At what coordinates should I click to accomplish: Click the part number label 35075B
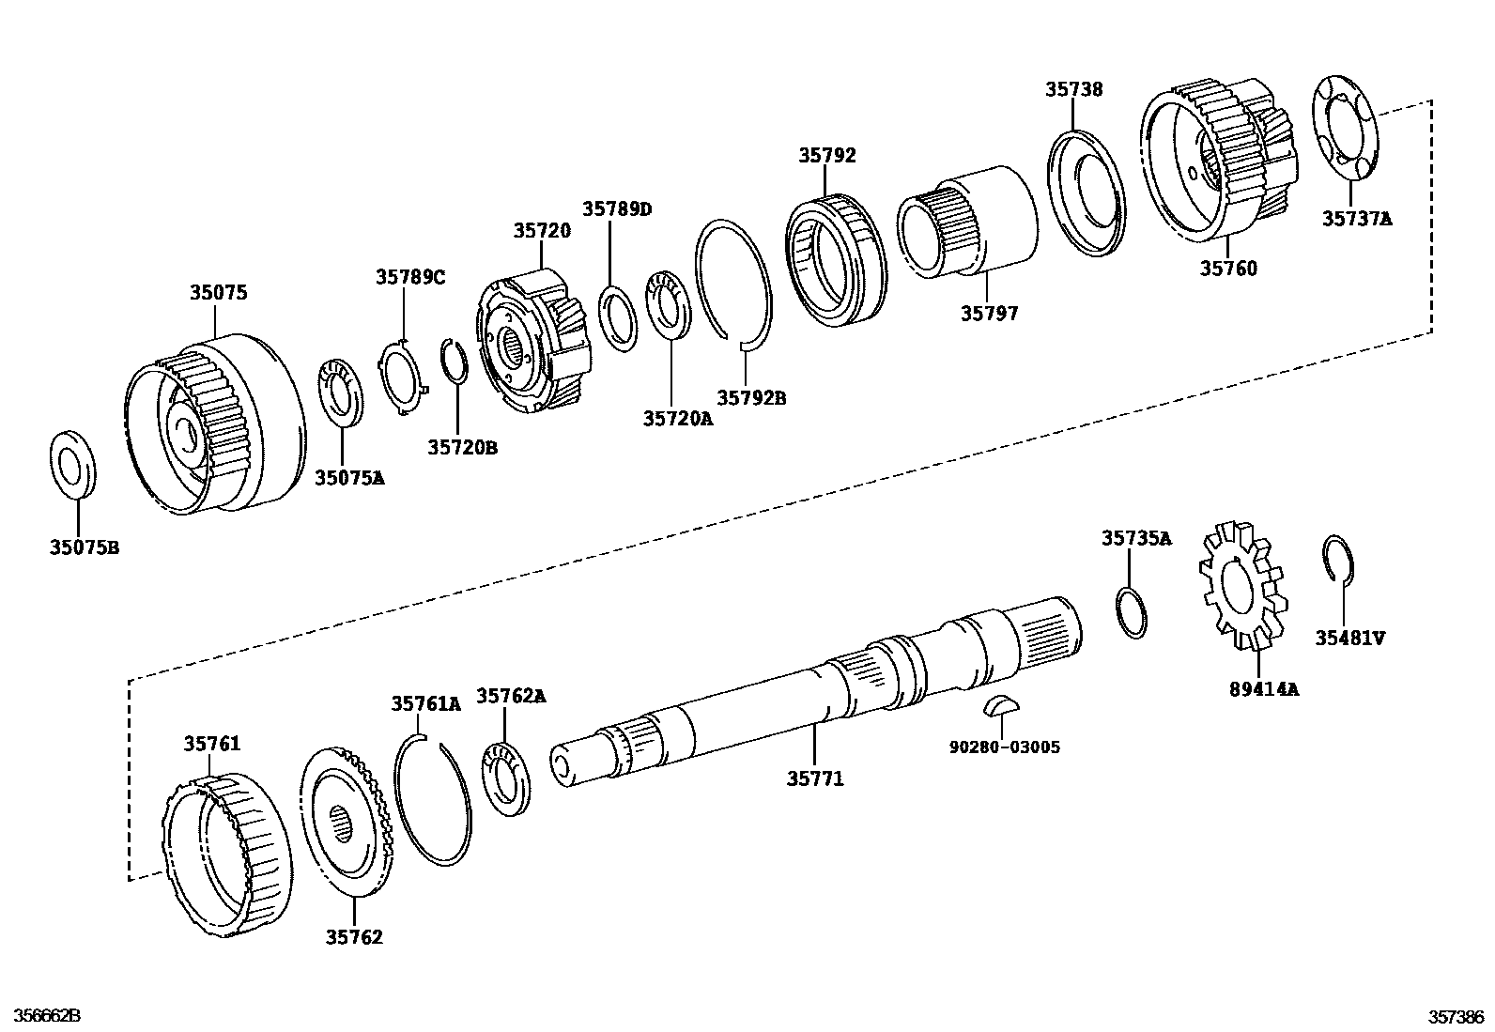click(x=84, y=547)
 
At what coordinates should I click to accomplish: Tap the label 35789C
click(x=410, y=277)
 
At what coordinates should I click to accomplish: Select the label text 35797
click(x=988, y=314)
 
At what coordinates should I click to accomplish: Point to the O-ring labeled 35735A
click(x=1133, y=613)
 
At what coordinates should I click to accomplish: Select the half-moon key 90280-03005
click(x=1000, y=704)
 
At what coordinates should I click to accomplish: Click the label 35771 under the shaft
click(x=815, y=778)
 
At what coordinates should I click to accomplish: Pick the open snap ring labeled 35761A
click(x=433, y=799)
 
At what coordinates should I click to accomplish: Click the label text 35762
click(x=354, y=937)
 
